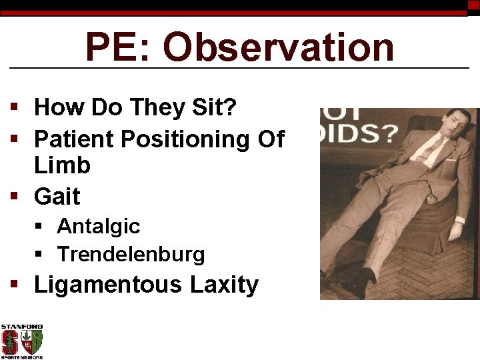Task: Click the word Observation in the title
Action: click(279, 48)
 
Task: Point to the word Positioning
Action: click(187, 139)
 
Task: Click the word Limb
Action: click(62, 165)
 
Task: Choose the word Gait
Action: click(57, 197)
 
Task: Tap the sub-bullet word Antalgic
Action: click(98, 227)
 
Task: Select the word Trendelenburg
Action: click(131, 255)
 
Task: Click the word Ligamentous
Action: click(107, 285)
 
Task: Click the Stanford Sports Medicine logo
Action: click(22, 341)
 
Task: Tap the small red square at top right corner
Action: click(473, 5)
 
